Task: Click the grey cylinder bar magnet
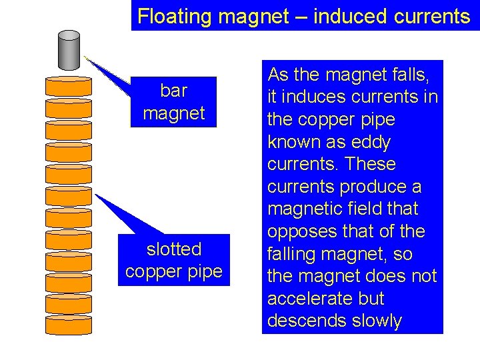click(x=69, y=51)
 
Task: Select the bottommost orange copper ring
click(x=69, y=325)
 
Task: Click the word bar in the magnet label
click(x=174, y=91)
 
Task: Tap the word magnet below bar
click(x=174, y=113)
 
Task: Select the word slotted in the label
click(x=174, y=249)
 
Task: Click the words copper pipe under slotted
click(x=174, y=272)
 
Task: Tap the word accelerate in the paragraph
click(x=317, y=299)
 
